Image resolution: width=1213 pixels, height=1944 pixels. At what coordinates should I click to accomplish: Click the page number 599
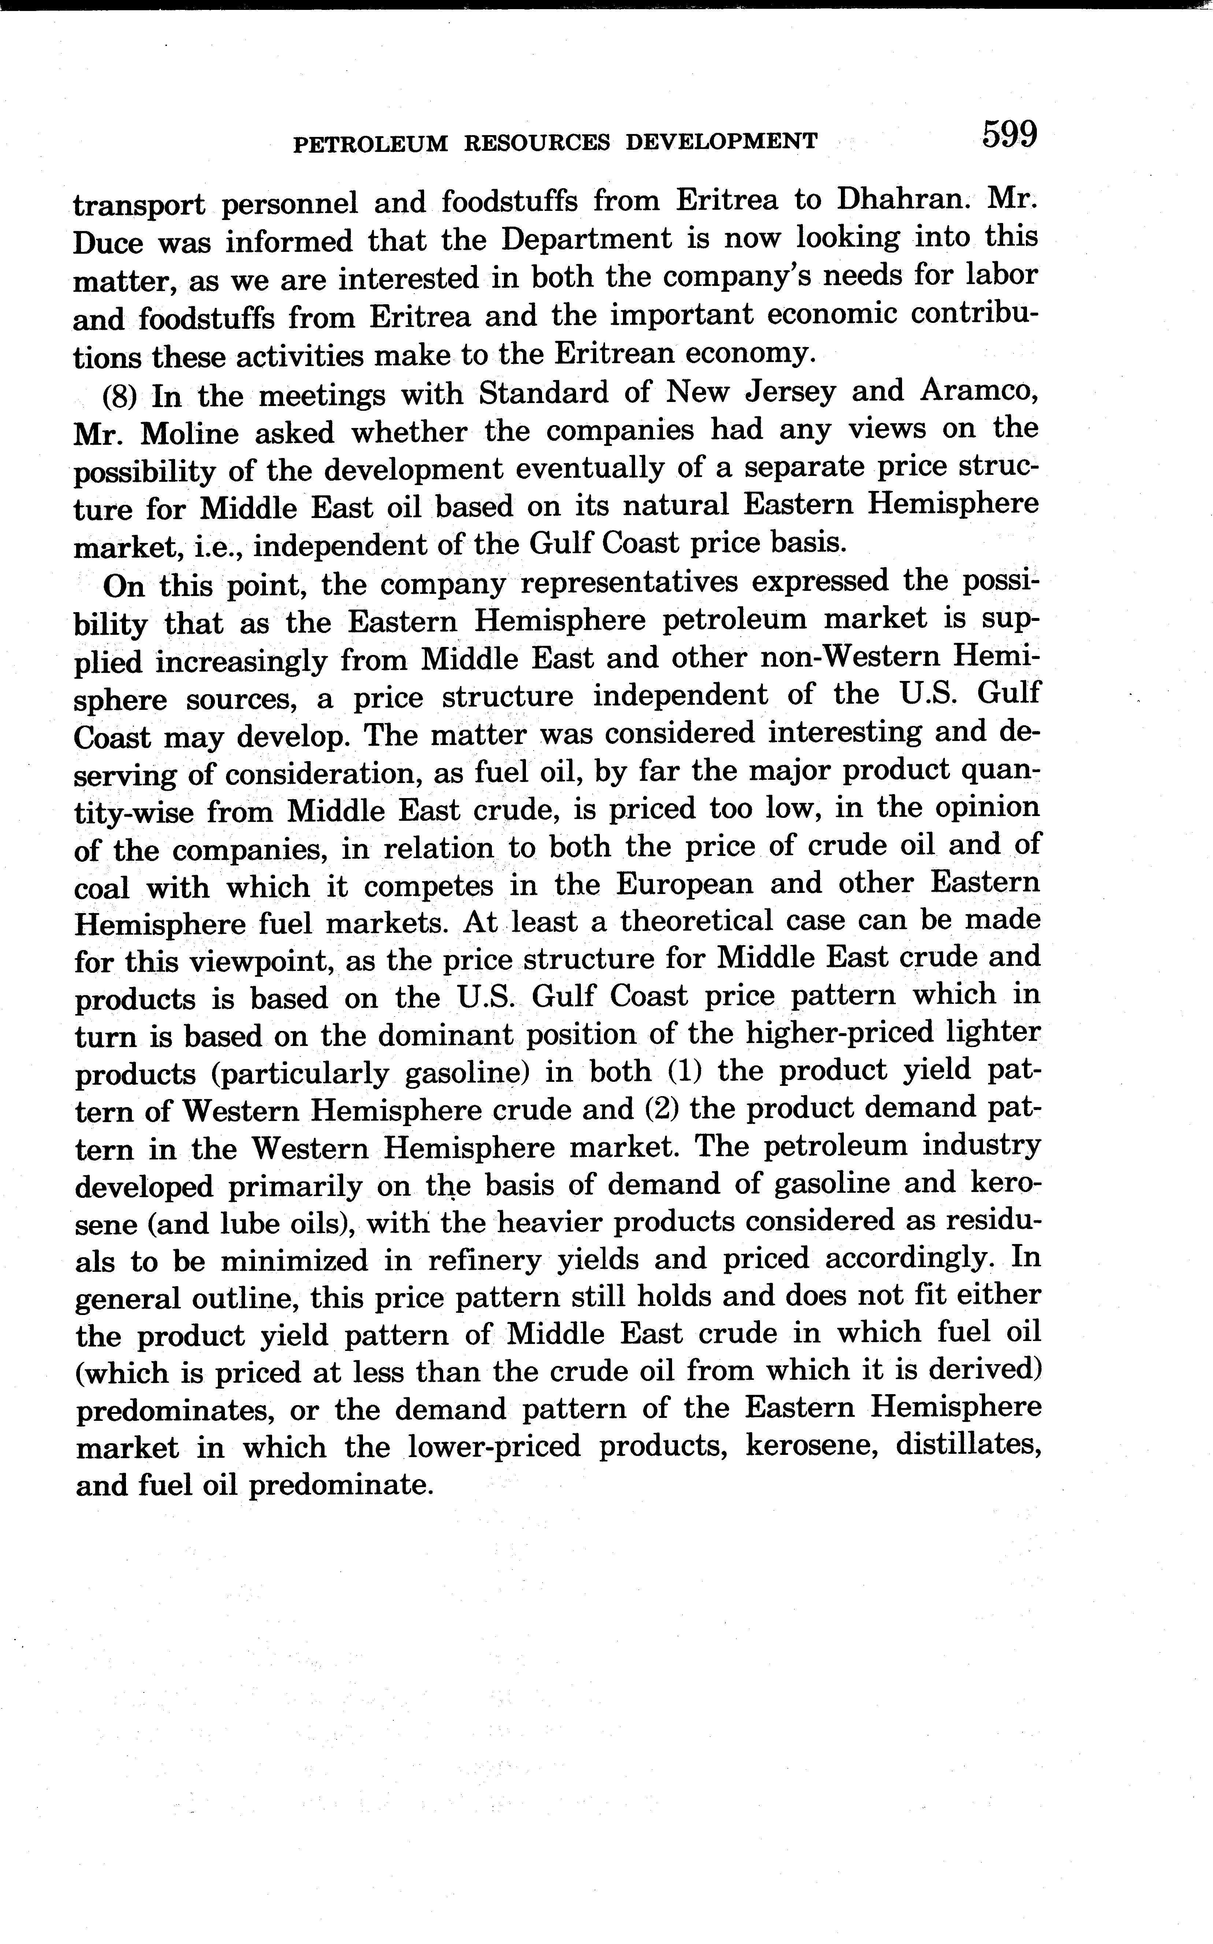1009,135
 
